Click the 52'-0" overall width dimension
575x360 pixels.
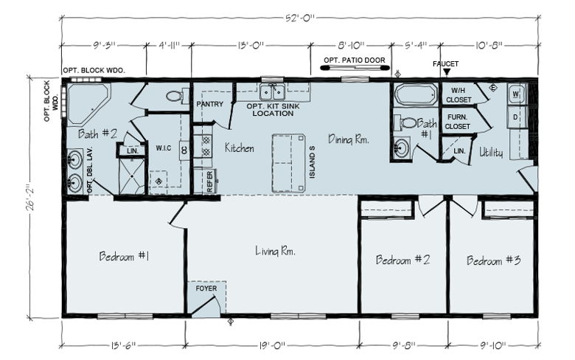coord(300,18)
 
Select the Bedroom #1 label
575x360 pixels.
coord(124,256)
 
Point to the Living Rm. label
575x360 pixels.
coord(275,251)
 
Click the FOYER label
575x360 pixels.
coord(206,288)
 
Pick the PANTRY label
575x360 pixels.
coord(210,104)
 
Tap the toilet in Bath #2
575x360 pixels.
coord(175,96)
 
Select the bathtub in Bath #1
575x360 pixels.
coord(417,95)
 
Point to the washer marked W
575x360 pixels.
coord(516,94)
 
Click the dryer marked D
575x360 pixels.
coord(516,117)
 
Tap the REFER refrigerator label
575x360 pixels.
coord(210,181)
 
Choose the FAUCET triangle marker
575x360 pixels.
coord(446,72)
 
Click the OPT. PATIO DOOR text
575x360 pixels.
coord(355,60)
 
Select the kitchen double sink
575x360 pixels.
coord(273,92)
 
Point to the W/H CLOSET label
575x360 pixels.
coord(459,95)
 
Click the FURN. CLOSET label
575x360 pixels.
coord(457,122)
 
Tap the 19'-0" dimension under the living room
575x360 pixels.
coord(272,345)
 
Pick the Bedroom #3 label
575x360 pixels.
coord(493,260)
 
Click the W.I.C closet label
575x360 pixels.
coord(163,148)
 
